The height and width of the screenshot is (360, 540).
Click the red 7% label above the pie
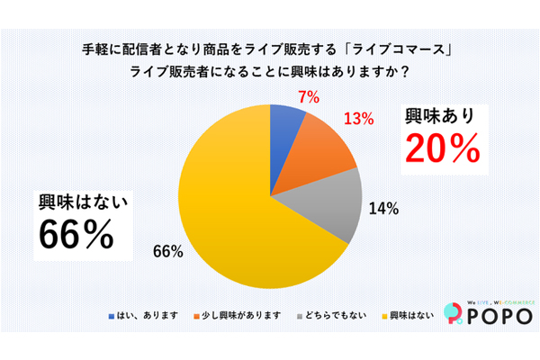(x=308, y=97)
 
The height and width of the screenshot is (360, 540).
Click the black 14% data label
(x=383, y=209)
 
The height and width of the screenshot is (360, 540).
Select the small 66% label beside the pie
(x=171, y=252)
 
